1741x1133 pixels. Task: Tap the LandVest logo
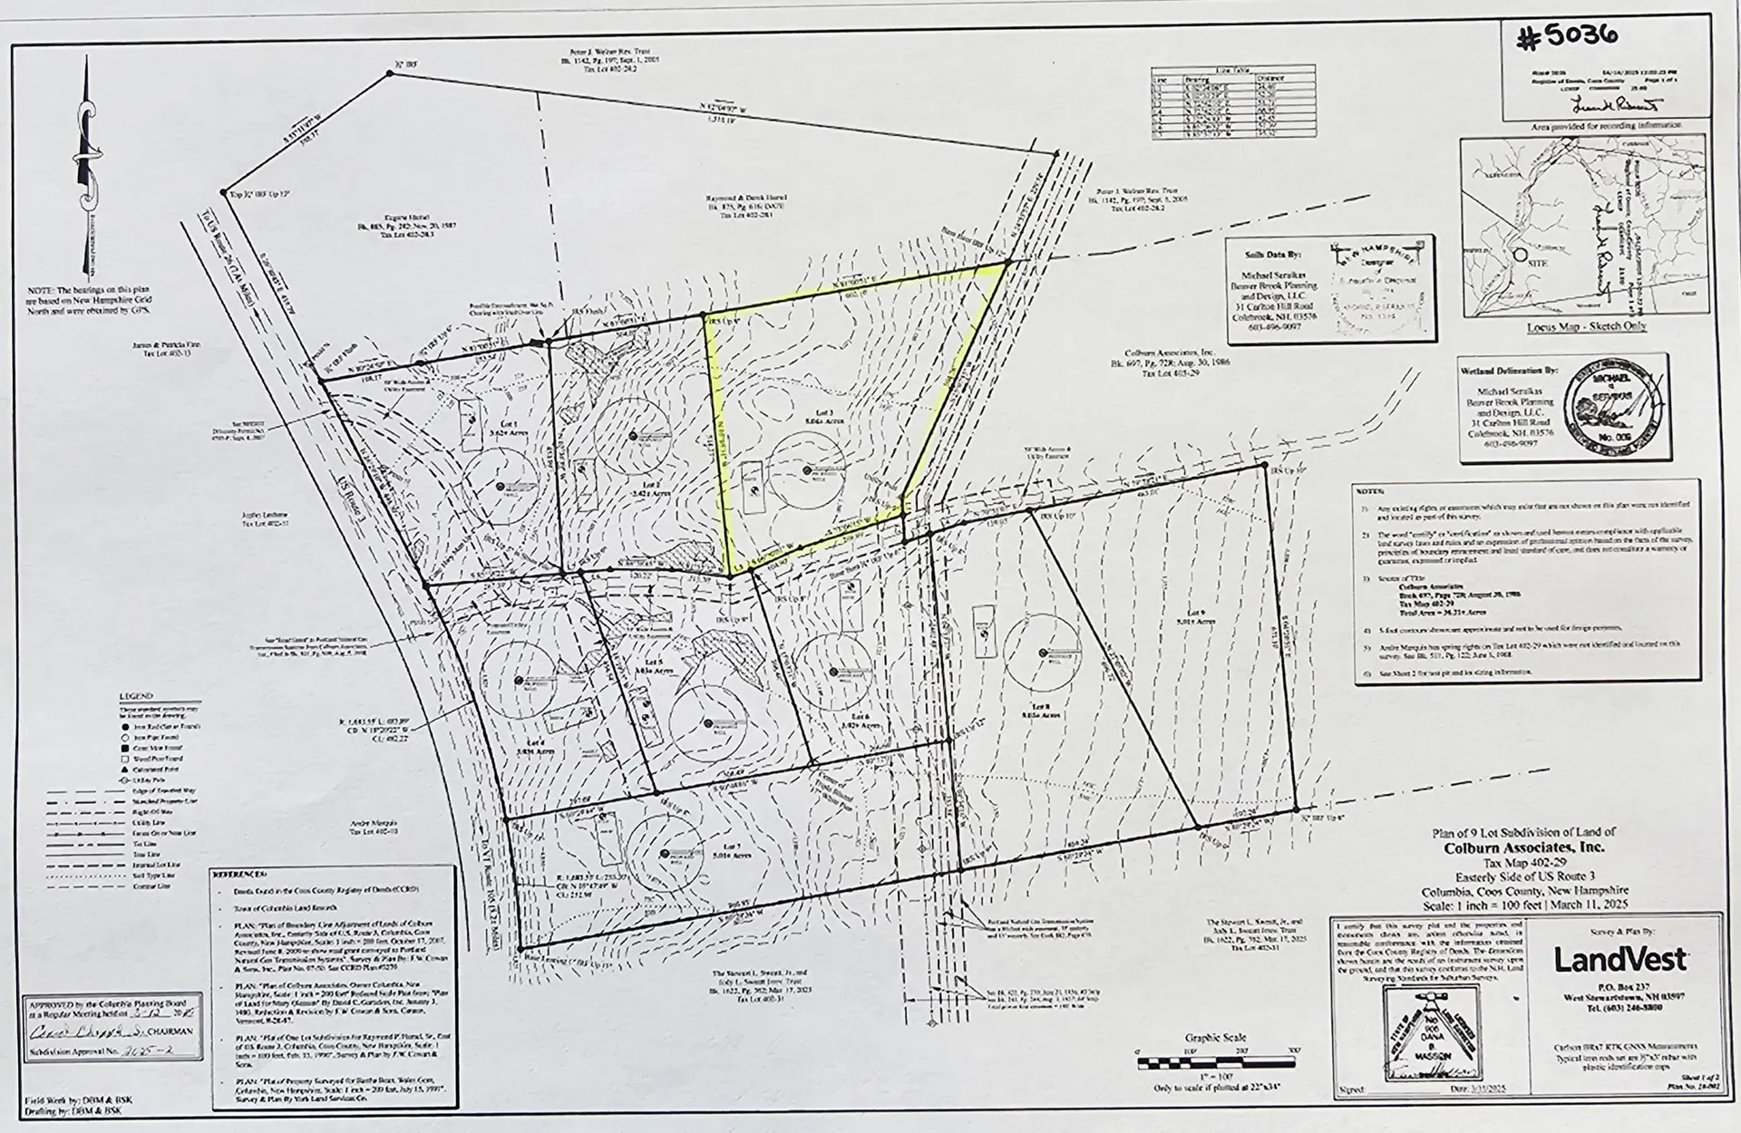1620,959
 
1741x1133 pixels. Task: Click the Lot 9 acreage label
1196,622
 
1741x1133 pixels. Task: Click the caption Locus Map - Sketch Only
1587,326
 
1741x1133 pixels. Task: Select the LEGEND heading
136,697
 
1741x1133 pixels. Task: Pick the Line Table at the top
1232,102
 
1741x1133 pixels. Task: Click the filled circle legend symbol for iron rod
123,727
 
